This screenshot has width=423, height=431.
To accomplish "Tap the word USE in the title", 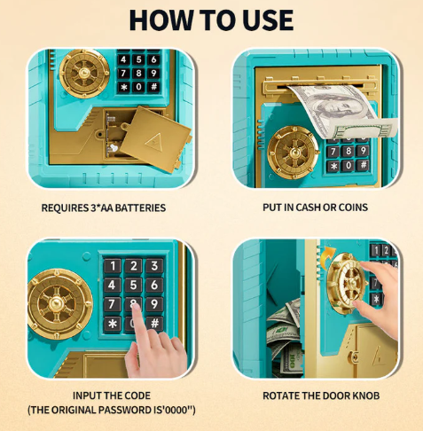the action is [268, 20].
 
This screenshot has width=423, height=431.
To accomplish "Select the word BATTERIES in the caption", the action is [140, 208].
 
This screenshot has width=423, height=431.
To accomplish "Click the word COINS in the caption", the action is [353, 208].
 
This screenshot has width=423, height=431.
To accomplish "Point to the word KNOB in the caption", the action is [364, 396].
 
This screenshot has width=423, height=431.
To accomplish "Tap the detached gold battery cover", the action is [155, 138].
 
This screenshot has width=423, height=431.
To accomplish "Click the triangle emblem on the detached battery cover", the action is [154, 141].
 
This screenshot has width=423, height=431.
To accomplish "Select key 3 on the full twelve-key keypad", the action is [154, 266].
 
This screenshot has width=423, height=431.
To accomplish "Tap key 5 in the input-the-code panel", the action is [133, 285].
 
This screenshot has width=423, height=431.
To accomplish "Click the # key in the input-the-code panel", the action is [154, 323].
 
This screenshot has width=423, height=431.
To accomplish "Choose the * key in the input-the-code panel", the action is [112, 324].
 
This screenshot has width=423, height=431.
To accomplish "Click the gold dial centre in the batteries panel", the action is [84, 73].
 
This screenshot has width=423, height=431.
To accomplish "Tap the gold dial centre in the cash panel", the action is [294, 153].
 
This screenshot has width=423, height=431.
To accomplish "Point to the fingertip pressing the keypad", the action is [136, 308].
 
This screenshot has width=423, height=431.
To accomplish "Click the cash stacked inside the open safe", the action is [285, 337].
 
